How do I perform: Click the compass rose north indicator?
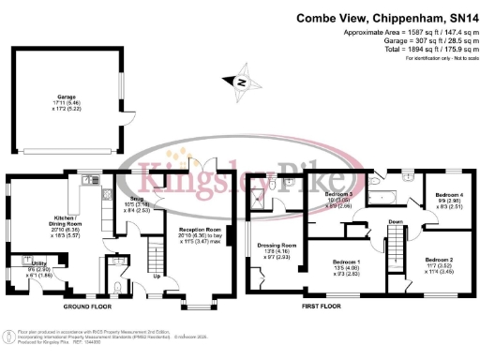pyautogui.click(x=242, y=82)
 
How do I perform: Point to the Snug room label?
pyautogui.click(x=138, y=200)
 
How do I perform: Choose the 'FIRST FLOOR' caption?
pyautogui.click(x=321, y=307)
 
